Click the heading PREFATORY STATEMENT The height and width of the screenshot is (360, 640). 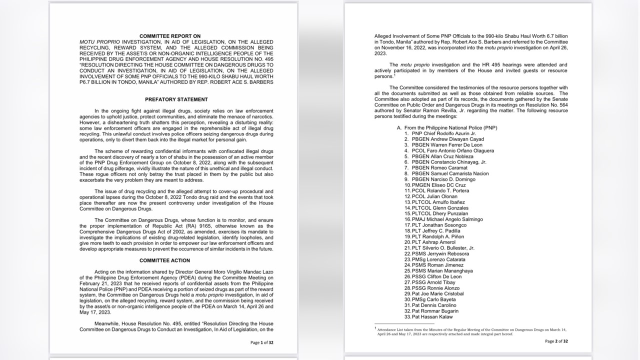coord(169,99)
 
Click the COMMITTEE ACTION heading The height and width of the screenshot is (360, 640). coord(164,260)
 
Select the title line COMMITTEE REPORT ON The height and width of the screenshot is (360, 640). coord(170,36)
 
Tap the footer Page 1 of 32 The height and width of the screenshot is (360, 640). coord(261,342)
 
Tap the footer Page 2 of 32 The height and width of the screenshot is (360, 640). coord(556,341)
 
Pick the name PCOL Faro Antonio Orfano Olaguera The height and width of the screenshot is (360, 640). coord(452,150)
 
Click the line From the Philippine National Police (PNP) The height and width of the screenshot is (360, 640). coord(447,128)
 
